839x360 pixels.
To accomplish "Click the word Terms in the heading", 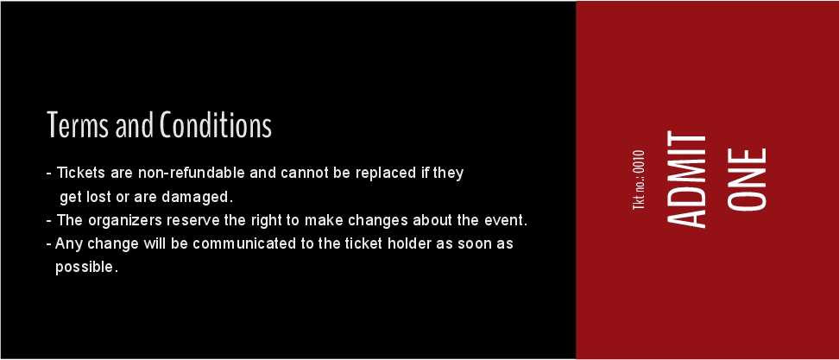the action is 79,125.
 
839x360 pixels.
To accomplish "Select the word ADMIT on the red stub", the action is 686,180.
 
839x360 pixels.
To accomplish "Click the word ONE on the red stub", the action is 747,180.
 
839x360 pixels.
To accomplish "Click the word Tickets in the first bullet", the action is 81,174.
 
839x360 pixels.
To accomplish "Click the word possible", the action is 86,268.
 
